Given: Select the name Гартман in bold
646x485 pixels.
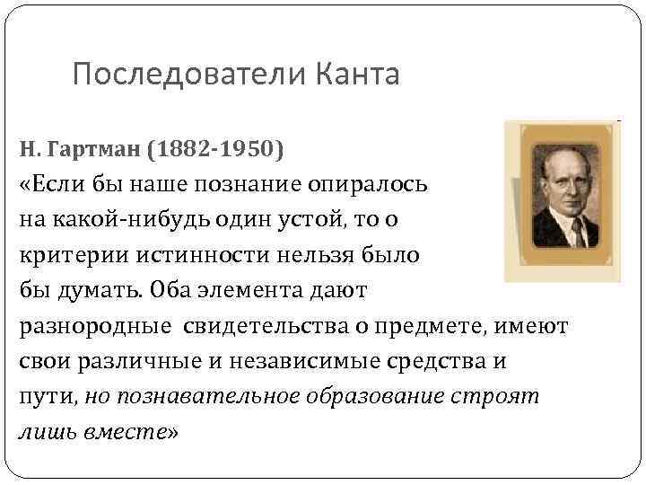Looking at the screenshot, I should (x=95, y=149).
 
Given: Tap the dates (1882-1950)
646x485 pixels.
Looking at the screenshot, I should (x=220, y=149).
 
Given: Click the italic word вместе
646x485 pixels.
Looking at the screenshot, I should (x=127, y=432).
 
